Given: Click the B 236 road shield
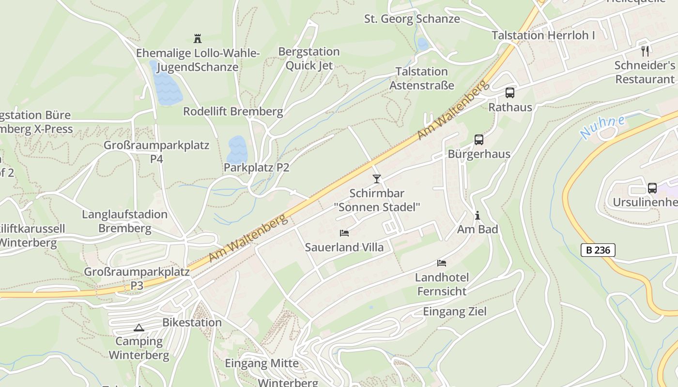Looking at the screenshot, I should (598, 250).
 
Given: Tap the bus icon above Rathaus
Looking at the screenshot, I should (509, 93).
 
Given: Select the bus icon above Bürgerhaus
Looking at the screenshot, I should (478, 140).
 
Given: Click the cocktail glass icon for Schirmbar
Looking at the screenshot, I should (376, 179).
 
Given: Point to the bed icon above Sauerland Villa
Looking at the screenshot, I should (344, 233).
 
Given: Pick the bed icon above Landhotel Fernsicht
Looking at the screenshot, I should (442, 263).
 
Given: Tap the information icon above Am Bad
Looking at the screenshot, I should (478, 215).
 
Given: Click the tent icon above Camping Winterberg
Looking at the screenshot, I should (139, 327).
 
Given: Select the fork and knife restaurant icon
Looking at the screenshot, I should (645, 51).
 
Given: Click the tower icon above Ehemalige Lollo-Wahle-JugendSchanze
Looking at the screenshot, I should (197, 38).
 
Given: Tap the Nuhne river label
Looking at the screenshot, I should (602, 127).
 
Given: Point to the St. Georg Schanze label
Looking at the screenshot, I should (412, 19).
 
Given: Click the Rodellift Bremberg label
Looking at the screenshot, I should (232, 112).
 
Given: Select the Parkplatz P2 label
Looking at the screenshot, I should (256, 168).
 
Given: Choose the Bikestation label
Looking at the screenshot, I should (192, 323).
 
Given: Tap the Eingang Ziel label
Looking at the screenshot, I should (454, 312).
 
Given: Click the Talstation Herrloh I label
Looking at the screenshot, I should (543, 35).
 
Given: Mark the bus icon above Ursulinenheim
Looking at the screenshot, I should (652, 188).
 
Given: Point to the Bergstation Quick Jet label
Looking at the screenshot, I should (309, 59).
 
